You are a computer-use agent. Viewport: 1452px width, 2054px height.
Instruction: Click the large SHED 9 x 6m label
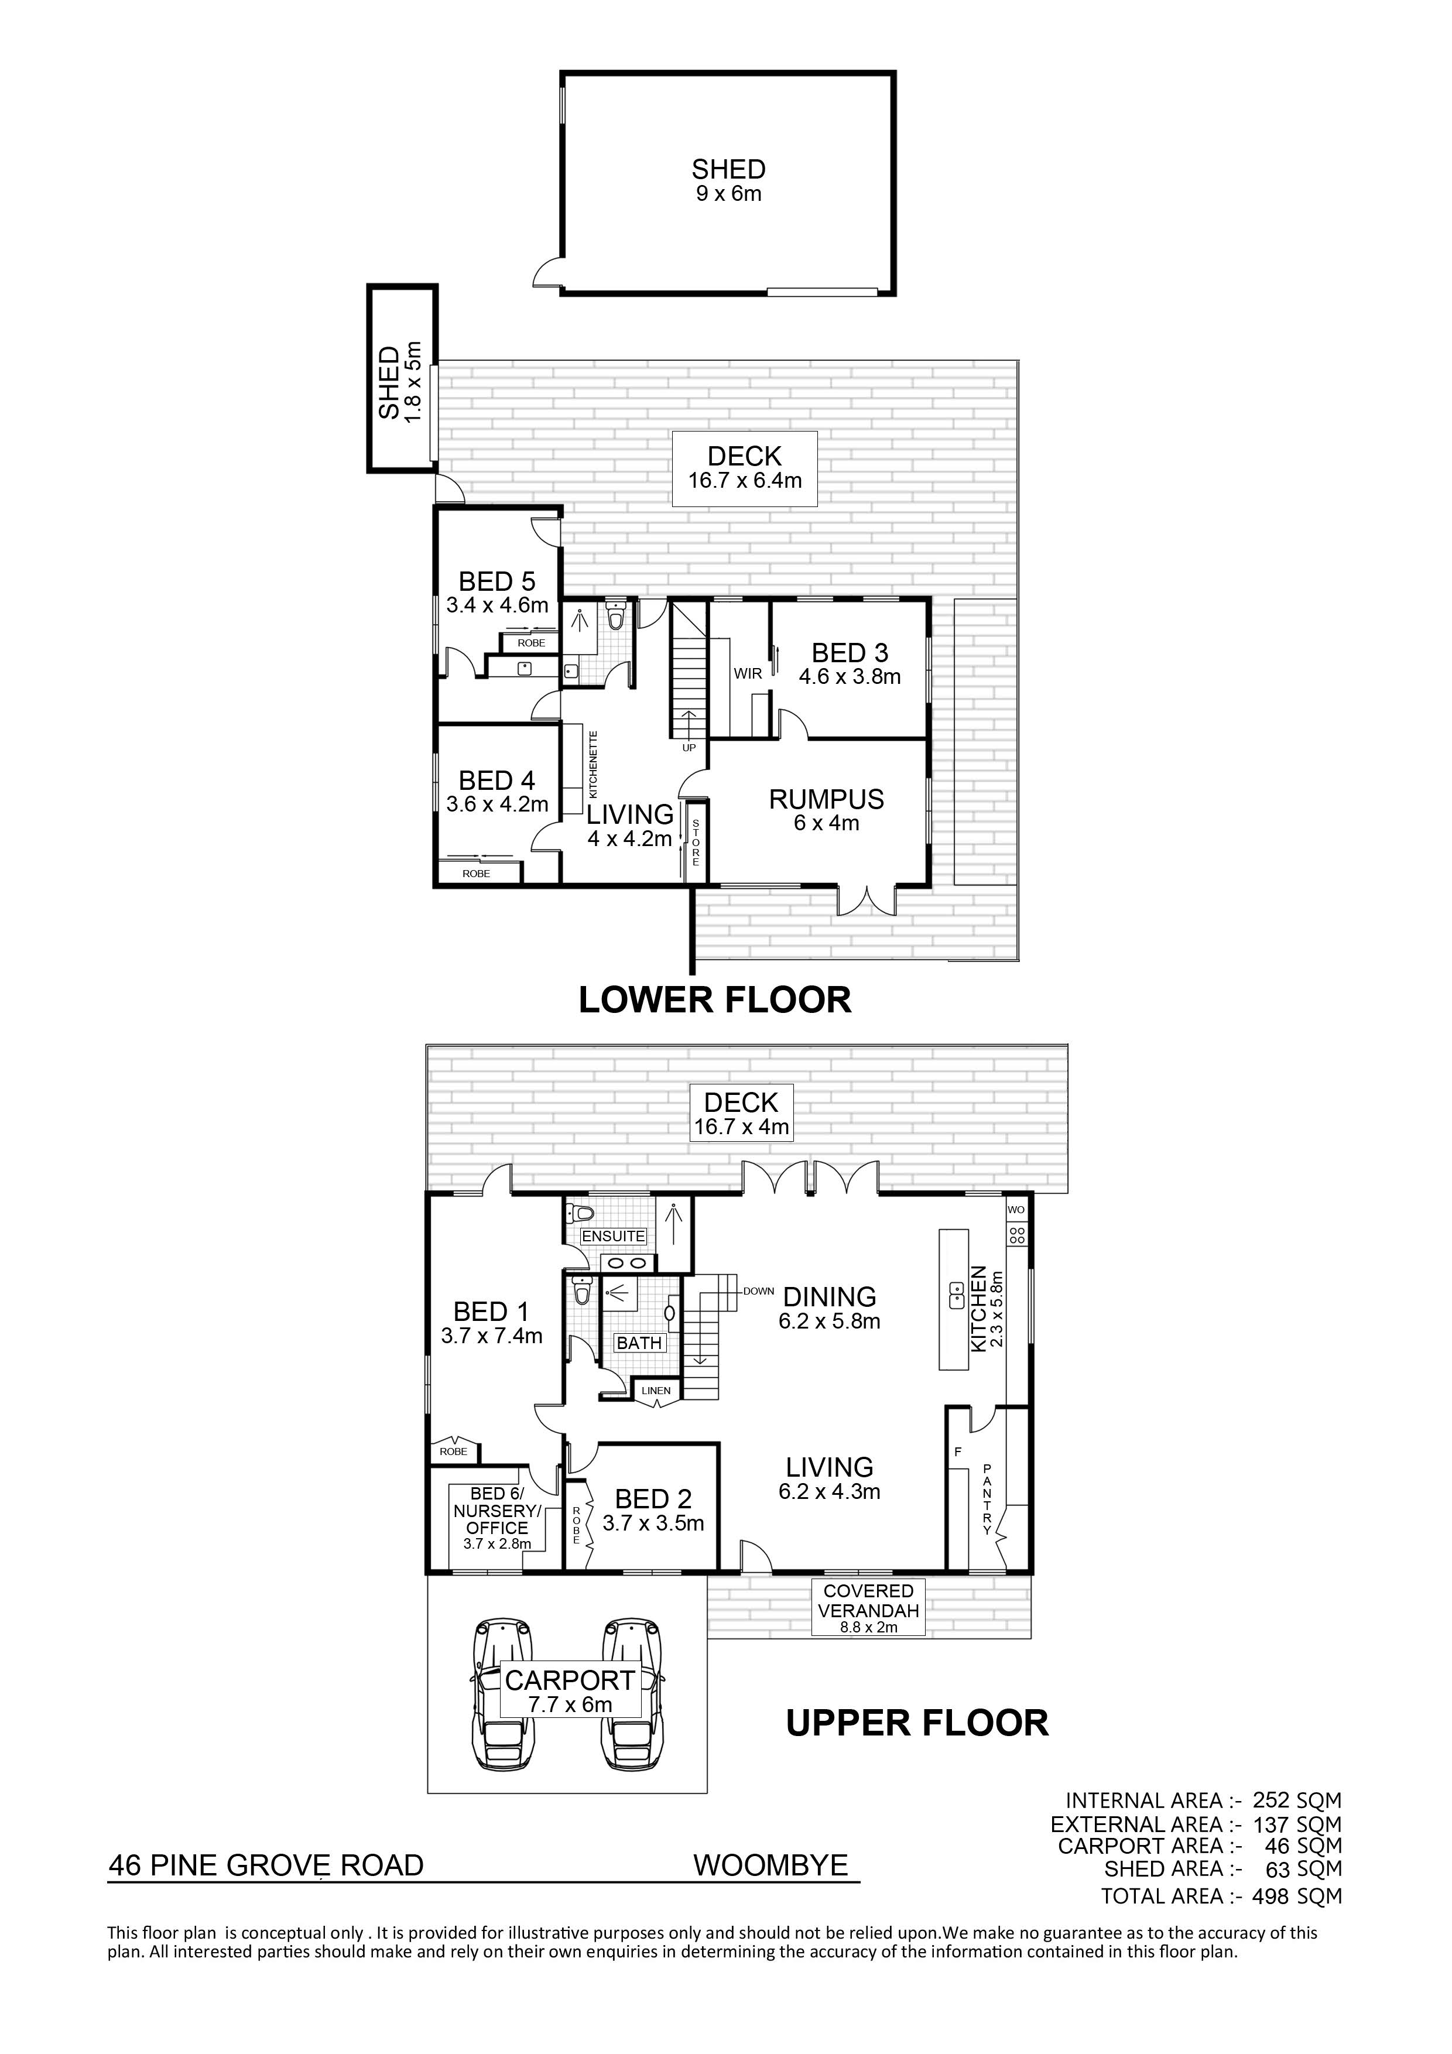pyautogui.click(x=728, y=180)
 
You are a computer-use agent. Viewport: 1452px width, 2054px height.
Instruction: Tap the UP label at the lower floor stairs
pyautogui.click(x=689, y=747)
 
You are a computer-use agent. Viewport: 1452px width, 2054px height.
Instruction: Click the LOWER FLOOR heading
pyautogui.click(x=715, y=1000)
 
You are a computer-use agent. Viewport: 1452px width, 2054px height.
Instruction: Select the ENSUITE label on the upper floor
pyautogui.click(x=613, y=1237)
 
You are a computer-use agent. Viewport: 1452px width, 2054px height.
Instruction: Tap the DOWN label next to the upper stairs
pyautogui.click(x=758, y=1291)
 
